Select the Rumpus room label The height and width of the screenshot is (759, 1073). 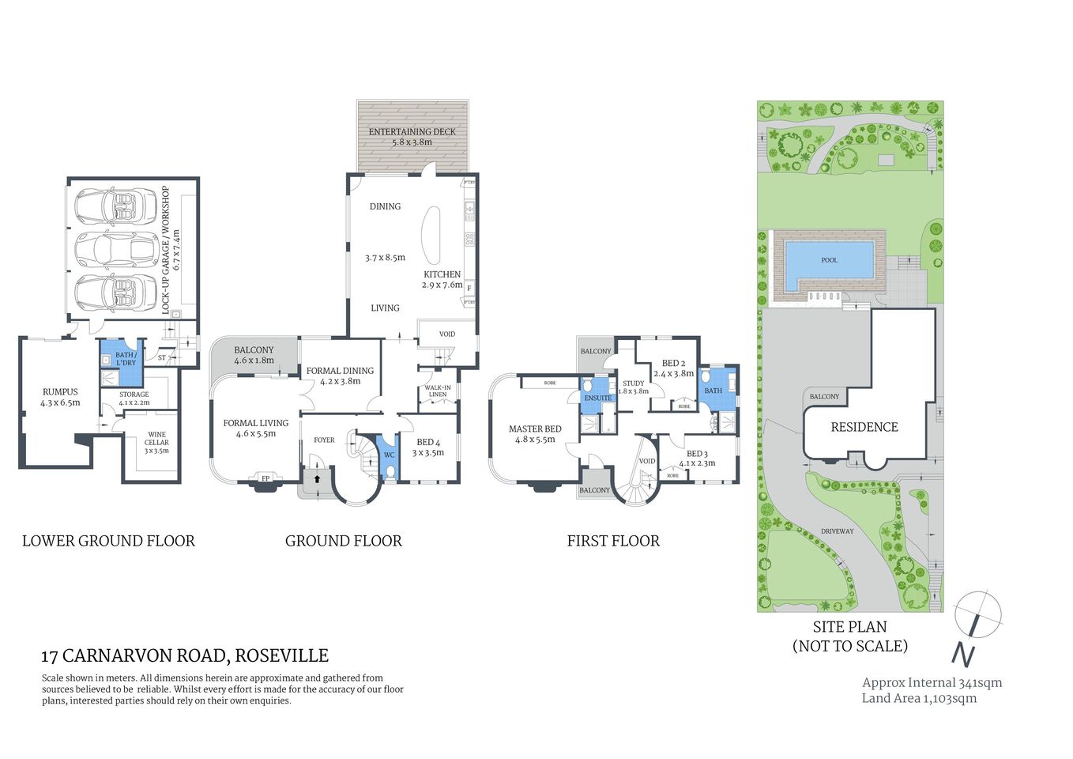[x=60, y=397]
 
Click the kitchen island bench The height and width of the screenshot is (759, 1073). [x=432, y=236]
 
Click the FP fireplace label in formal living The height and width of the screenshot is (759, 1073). [x=265, y=478]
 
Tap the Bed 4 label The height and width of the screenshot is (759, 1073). [x=428, y=447]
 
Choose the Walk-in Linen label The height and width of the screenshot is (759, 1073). [x=438, y=391]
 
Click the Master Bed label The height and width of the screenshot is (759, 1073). [x=535, y=434]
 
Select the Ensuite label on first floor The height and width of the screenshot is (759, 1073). [x=597, y=398]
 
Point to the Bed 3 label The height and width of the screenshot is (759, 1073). [x=696, y=459]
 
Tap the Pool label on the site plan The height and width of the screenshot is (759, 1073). [x=829, y=260]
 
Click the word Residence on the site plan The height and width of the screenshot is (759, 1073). [x=864, y=427]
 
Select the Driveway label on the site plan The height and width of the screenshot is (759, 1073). [x=837, y=531]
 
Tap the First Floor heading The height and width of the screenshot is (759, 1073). [x=613, y=541]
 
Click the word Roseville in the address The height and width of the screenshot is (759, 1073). [x=282, y=655]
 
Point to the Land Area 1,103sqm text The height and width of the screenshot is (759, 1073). [x=919, y=698]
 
